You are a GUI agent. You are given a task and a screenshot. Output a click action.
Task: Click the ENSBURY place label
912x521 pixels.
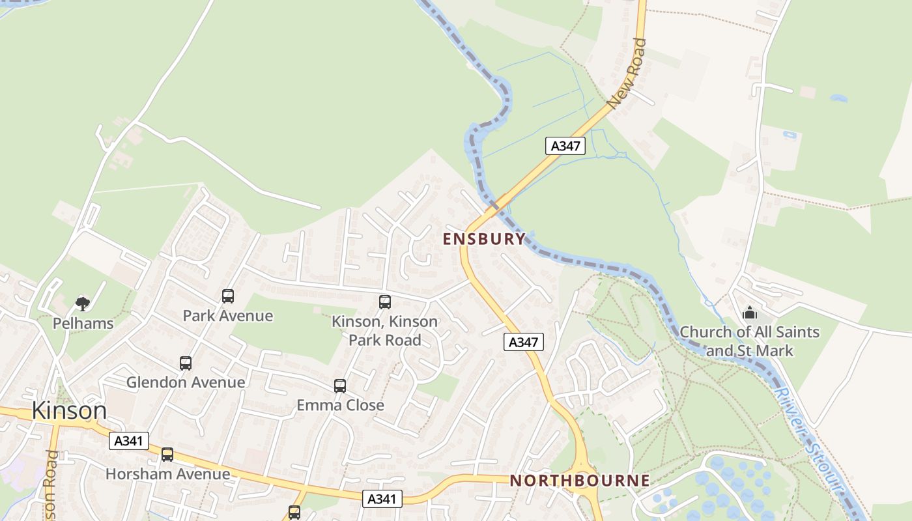pos(483,239)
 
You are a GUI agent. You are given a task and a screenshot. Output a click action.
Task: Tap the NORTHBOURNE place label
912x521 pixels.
pos(579,481)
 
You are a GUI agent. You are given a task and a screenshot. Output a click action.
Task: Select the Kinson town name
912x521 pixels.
pos(68,411)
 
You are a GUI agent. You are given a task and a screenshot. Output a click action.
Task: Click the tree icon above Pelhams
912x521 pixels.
pos(83,303)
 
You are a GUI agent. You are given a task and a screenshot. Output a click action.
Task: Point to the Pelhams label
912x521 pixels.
pos(83,323)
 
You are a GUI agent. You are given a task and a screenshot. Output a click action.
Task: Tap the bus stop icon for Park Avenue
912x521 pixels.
pos(228,296)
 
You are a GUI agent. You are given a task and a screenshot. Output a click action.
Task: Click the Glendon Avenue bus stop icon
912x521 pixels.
pos(186,363)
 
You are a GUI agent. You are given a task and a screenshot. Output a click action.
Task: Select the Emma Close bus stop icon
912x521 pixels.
pos(340,386)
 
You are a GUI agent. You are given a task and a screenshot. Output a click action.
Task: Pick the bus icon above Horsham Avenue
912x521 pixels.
pos(167,455)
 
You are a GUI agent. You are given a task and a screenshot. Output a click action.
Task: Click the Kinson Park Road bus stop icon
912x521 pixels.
pos(385,302)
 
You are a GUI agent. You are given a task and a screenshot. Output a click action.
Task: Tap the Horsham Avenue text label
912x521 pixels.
pos(167,473)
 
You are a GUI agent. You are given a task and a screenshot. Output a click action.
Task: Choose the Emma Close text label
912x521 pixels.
pos(340,405)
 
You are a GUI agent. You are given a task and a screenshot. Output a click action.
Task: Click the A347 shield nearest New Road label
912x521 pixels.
pos(565,146)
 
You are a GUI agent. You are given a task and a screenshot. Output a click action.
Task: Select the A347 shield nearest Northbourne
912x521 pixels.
pos(523,342)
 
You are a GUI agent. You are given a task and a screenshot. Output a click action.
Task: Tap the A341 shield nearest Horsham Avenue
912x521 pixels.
pos(128,441)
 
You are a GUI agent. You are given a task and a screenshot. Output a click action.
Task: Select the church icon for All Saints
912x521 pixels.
pos(750,313)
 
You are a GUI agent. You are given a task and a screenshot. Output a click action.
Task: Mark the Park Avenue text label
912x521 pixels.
pos(227,316)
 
